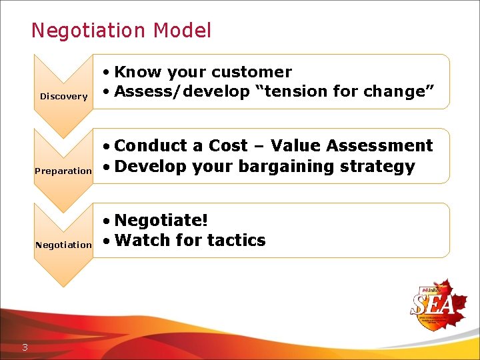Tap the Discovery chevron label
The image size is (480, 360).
64,97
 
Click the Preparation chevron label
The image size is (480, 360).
63,171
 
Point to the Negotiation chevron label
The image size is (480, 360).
63,245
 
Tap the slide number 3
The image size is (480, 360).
25,346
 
